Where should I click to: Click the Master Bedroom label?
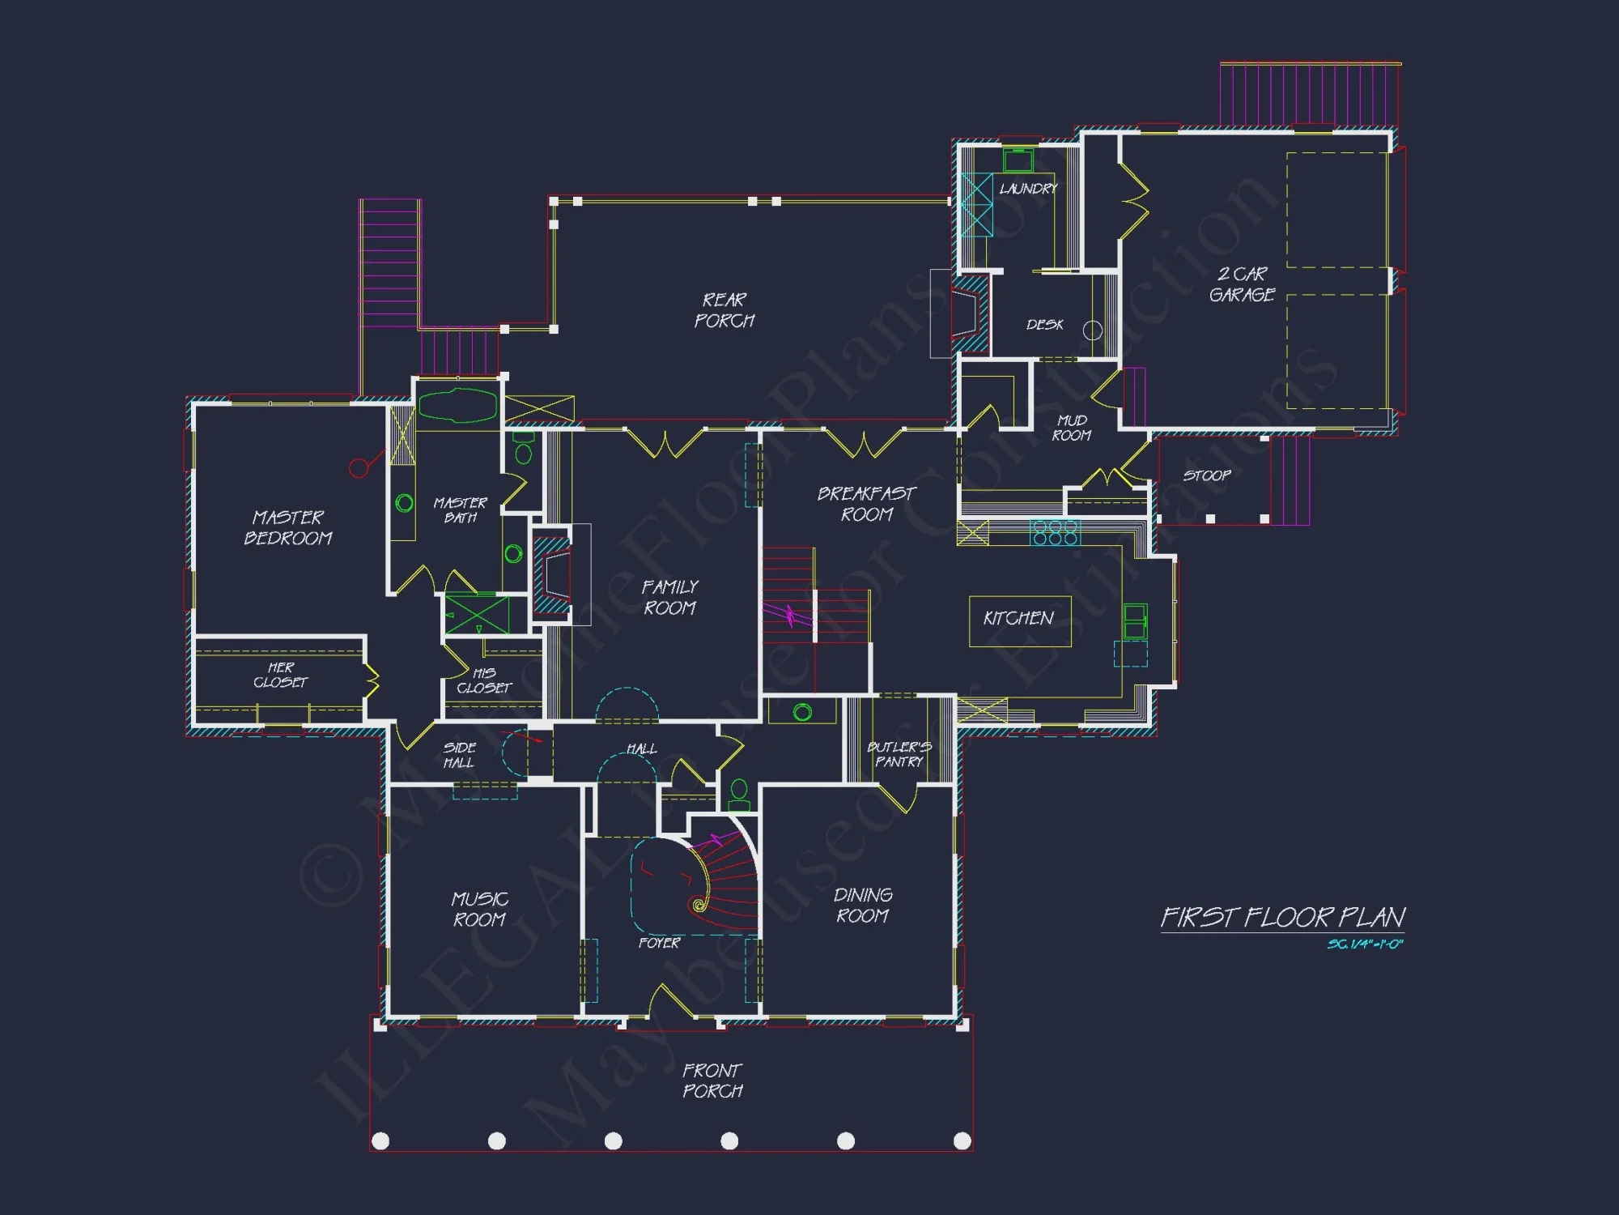(288, 527)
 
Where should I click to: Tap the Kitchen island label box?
(1019, 620)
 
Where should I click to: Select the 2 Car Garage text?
(1242, 284)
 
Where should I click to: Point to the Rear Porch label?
(724, 310)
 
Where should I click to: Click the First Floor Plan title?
(1282, 918)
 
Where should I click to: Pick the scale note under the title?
(1365, 944)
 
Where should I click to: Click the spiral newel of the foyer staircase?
(698, 905)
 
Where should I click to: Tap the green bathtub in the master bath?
(457, 405)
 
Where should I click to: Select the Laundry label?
(1028, 189)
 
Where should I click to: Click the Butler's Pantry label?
(899, 754)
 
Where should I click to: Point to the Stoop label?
(1206, 475)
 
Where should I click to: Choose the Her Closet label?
(280, 675)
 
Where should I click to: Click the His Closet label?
(484, 680)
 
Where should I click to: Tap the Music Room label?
(479, 909)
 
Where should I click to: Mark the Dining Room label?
(863, 905)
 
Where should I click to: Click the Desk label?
(1044, 325)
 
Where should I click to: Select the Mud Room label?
(1072, 428)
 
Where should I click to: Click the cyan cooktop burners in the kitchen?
(1056, 533)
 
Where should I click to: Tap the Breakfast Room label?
(866, 504)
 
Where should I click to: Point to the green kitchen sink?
(1135, 621)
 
